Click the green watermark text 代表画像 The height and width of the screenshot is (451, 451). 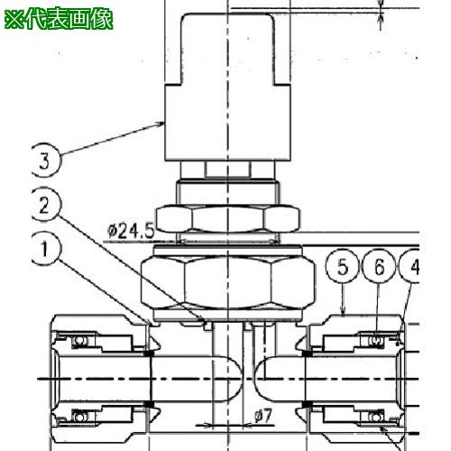[69, 19]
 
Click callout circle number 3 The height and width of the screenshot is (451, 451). [45, 161]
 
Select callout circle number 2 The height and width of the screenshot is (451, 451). [45, 205]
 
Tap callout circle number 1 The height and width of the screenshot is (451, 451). [45, 249]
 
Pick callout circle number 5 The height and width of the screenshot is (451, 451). [343, 266]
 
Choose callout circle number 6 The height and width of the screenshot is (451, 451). [379, 266]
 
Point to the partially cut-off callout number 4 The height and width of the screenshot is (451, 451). [410, 266]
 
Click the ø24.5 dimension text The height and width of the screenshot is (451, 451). [131, 231]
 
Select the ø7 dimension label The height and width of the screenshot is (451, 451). [263, 416]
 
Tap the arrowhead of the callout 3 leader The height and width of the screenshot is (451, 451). [160, 124]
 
